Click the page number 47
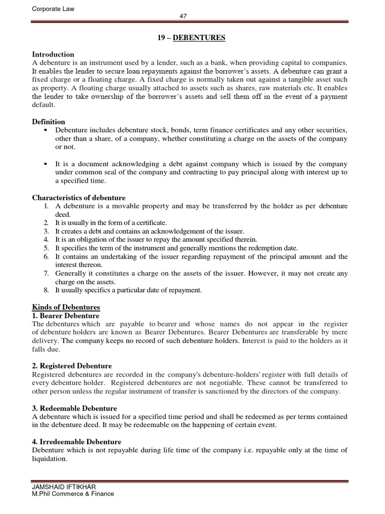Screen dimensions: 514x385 (x=183, y=16)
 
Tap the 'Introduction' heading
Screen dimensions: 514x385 (x=53, y=54)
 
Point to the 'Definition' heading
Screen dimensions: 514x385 (x=49, y=121)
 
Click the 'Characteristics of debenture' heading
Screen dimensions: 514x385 (x=79, y=198)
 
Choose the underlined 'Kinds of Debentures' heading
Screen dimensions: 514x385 (x=66, y=307)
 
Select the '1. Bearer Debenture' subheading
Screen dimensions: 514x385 (x=66, y=316)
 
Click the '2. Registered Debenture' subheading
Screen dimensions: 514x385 (x=72, y=366)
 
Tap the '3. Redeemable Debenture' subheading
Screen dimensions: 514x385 (x=74, y=409)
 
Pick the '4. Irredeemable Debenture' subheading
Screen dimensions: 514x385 (x=77, y=442)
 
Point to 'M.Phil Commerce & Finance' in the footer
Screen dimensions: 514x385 (x=73, y=493)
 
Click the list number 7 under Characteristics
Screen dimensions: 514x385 (x=45, y=274)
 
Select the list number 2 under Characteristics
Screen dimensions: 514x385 (x=45, y=222)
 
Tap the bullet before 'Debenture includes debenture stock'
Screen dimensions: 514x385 (x=45, y=130)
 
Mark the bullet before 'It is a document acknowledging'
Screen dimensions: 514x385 (x=45, y=164)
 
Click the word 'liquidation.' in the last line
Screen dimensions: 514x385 (x=50, y=459)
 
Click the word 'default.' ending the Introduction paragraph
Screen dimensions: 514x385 (x=44, y=105)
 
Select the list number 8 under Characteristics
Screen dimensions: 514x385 (x=45, y=290)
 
